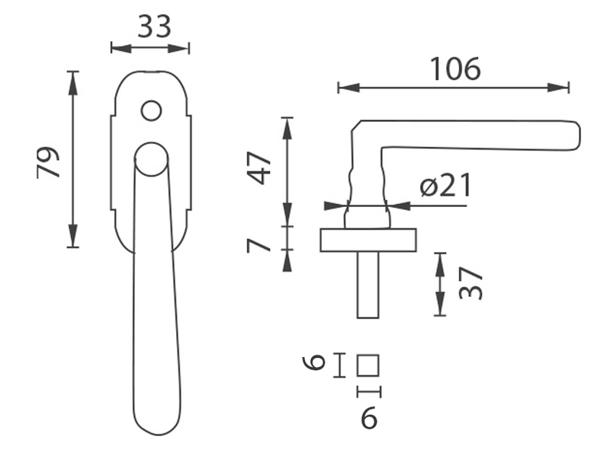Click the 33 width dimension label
pyautogui.click(x=155, y=27)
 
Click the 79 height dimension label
pyautogui.click(x=48, y=162)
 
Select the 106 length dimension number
pyautogui.click(x=455, y=69)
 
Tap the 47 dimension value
pyautogui.click(x=260, y=168)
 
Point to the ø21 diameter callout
pyautogui.click(x=446, y=185)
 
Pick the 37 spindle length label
pyautogui.click(x=470, y=283)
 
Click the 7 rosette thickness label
pyautogui.click(x=258, y=246)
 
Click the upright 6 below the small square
pyautogui.click(x=369, y=418)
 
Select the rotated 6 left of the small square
pyautogui.click(x=313, y=363)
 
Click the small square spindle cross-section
pyautogui.click(x=368, y=365)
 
